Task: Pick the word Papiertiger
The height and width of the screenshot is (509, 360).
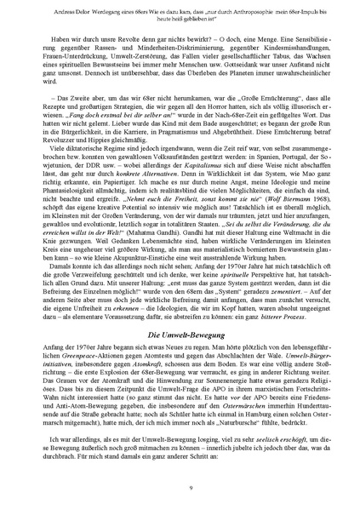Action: click(x=118, y=205)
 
